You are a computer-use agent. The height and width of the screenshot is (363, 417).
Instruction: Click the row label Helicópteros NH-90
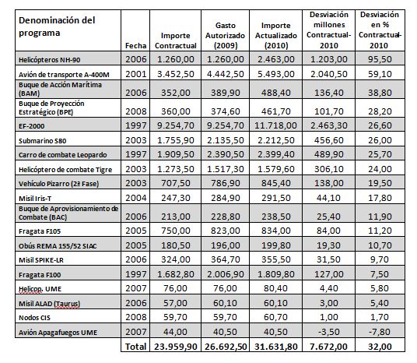coord(49,60)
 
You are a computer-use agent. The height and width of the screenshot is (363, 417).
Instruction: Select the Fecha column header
coord(135,45)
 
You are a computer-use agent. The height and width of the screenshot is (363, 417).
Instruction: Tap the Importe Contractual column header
coord(176,41)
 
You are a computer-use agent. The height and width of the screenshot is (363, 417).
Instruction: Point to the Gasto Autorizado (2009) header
coord(225,35)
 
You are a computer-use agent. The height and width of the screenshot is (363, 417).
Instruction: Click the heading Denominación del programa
coord(57,26)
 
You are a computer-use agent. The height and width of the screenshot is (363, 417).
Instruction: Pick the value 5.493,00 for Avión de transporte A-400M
coord(275,74)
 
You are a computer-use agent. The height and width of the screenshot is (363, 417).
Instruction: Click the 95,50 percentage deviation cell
coord(380,59)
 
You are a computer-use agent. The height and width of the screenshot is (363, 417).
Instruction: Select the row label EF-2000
coord(31,126)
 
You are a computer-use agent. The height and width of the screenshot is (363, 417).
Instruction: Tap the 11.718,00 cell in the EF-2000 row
coord(275,125)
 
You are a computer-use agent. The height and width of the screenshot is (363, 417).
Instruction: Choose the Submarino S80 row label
coord(42,141)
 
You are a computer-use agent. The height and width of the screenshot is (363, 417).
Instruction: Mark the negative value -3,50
coord(329,332)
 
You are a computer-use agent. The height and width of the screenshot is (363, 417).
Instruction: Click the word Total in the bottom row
coord(135,347)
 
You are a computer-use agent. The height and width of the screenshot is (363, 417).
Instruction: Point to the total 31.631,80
coord(275,347)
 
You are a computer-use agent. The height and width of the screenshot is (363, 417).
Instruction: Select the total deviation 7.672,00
coord(329,347)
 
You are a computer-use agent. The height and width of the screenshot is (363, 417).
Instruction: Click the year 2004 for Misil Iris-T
coord(135,198)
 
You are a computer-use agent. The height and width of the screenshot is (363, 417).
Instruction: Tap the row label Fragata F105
coord(40,231)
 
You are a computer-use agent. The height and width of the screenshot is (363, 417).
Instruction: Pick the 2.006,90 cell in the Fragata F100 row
coord(226,274)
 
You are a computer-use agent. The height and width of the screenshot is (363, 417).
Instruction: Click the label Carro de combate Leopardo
coord(62,155)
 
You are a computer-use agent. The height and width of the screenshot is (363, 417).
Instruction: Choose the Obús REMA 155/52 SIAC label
coord(58,246)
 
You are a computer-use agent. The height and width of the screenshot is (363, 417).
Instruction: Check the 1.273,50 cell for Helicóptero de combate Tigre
coord(176,169)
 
